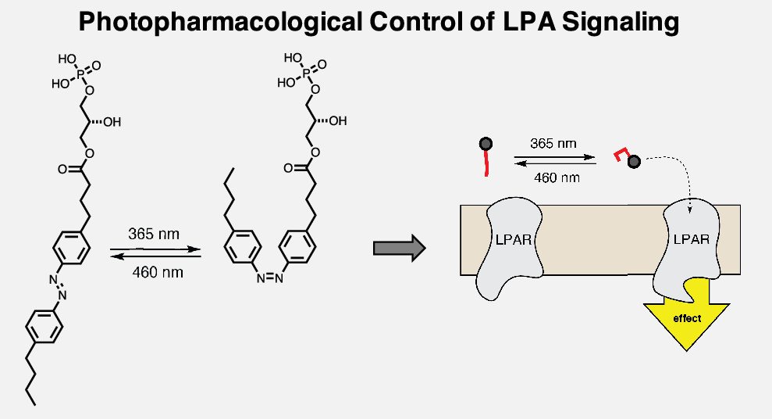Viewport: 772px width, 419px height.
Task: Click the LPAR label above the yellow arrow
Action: pos(691,239)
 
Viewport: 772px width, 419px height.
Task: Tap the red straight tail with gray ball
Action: pos(486,156)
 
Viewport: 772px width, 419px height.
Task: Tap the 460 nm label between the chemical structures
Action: pos(155,270)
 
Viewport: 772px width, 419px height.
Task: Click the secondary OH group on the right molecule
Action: pos(337,121)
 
